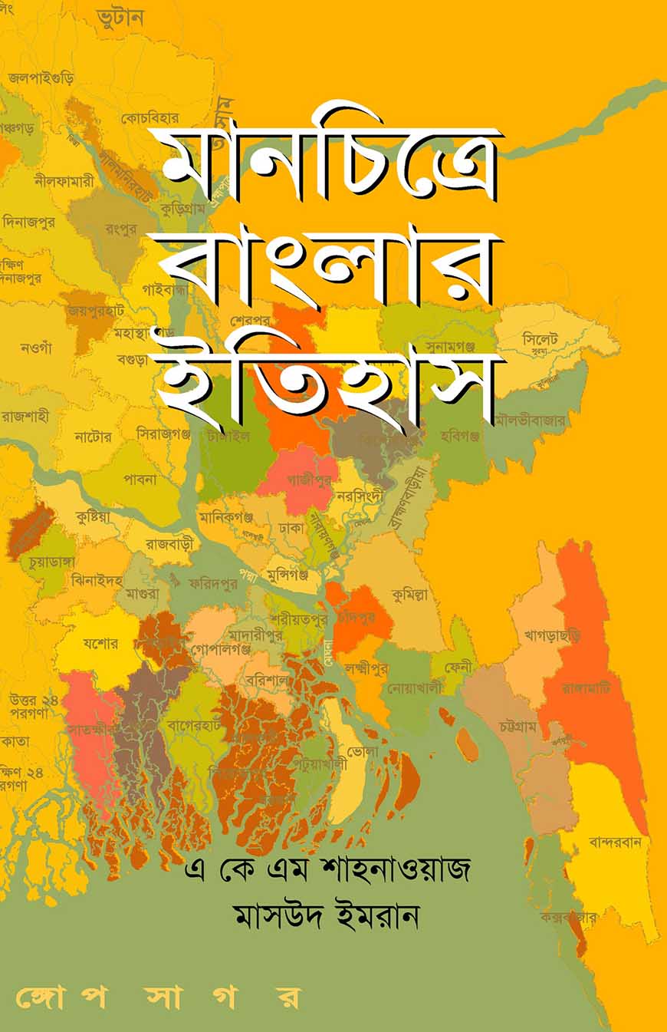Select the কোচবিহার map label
tap(150, 118)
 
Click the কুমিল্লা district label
tap(409, 594)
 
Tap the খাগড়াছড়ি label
tap(553, 635)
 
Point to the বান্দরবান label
tap(618, 842)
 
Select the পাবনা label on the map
tap(138, 480)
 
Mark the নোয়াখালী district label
tap(416, 688)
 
